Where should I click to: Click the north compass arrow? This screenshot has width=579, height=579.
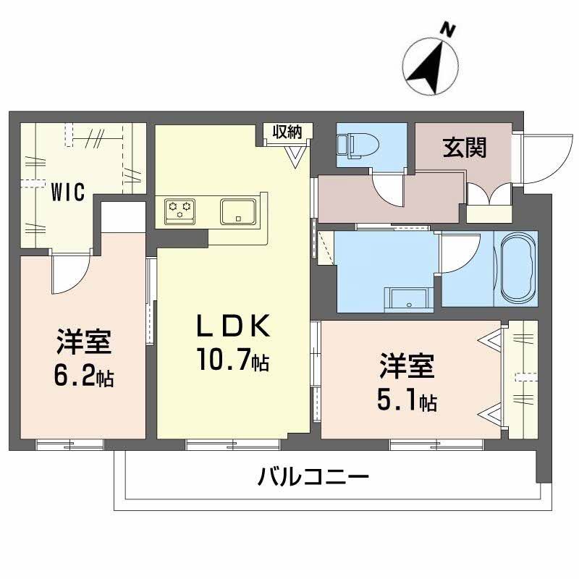[x=428, y=67]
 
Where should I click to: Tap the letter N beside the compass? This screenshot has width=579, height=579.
[x=449, y=30]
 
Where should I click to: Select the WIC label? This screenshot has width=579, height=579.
[x=67, y=193]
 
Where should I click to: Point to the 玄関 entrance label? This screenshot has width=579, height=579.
[x=464, y=148]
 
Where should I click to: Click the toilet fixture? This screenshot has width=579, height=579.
[x=355, y=145]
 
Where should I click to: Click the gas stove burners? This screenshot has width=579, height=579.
[x=180, y=210]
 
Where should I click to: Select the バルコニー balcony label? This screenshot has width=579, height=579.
[x=313, y=477]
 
